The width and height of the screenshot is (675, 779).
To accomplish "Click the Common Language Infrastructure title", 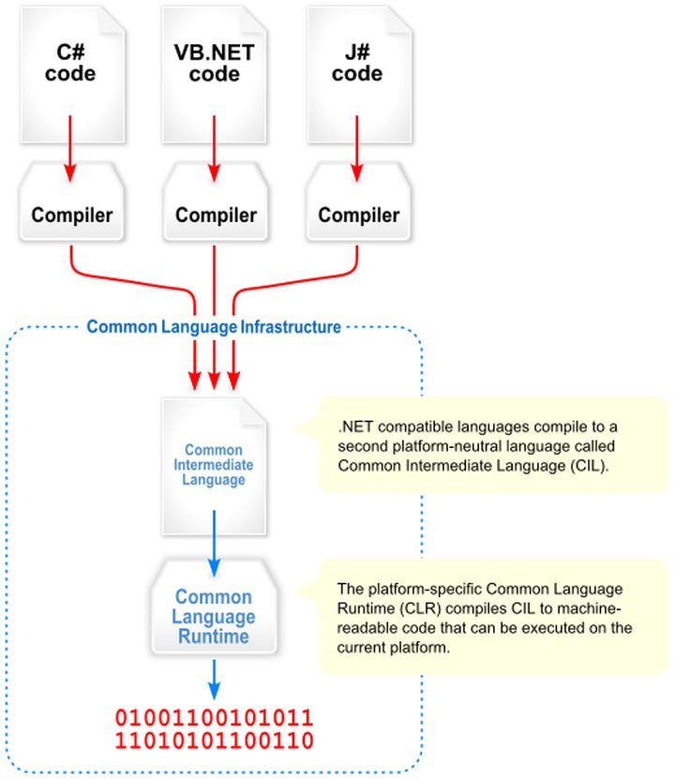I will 214,327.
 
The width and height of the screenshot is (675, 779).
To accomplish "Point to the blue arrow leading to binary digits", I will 215,680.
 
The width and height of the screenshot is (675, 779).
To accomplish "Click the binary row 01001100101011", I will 214,719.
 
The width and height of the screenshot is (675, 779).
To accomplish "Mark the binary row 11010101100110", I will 214,742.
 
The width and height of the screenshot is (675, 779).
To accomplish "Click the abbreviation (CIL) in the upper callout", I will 587,463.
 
